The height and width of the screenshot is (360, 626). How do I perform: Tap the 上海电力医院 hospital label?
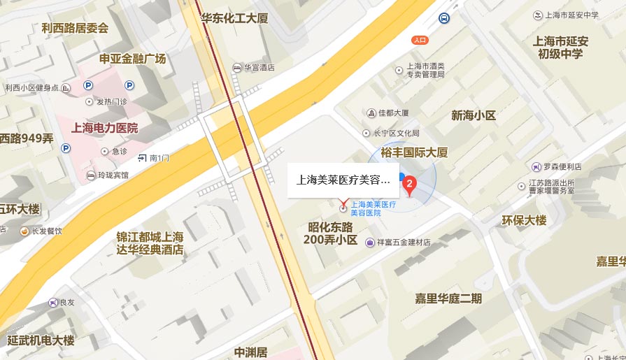[105, 128]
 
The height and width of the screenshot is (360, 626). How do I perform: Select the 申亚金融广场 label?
[133, 59]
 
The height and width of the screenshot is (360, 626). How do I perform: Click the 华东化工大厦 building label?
[234, 18]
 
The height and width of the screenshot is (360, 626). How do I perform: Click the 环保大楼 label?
[524, 220]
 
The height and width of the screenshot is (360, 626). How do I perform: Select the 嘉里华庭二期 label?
[448, 298]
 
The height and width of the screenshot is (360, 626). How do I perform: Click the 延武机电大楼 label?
[41, 340]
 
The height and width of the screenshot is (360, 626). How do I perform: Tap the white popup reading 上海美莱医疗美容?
[343, 179]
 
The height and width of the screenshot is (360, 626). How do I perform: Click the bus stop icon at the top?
[444, 18]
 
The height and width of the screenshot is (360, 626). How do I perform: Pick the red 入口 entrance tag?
[420, 40]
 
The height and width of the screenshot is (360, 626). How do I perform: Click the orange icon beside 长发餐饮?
[24, 231]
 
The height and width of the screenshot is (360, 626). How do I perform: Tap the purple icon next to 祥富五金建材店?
[369, 243]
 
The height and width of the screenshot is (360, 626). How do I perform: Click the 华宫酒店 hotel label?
[259, 68]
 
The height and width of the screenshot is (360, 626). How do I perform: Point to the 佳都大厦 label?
[392, 113]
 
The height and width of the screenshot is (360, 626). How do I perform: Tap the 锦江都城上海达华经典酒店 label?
[150, 243]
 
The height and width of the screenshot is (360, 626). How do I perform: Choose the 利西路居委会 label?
[75, 28]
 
